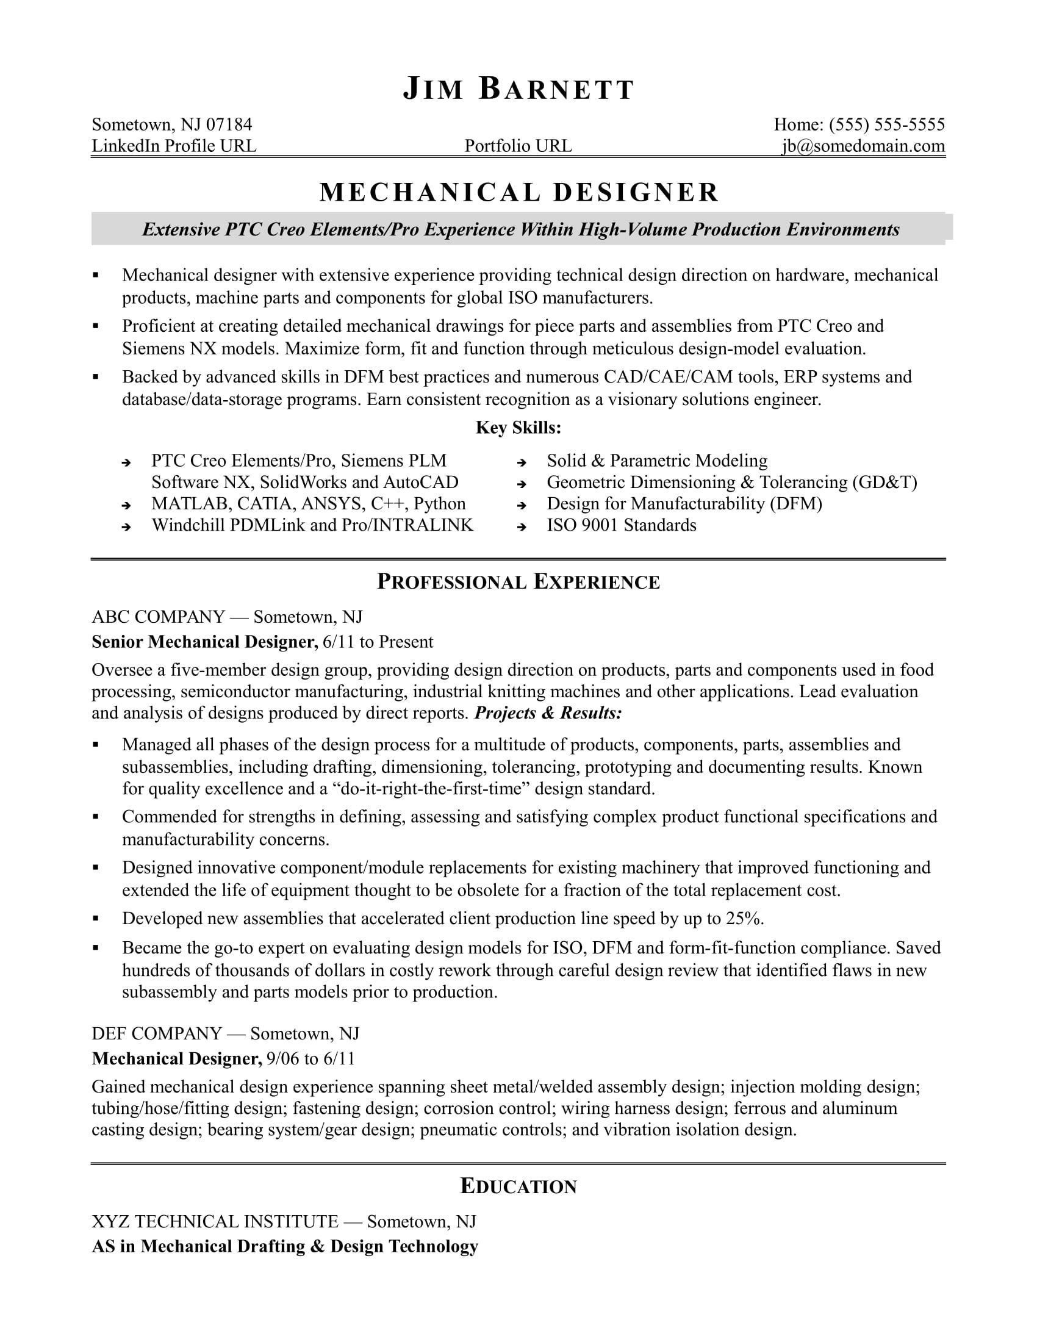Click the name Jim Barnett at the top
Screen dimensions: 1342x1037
click(x=518, y=90)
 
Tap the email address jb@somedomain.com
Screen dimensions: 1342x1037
click(x=863, y=146)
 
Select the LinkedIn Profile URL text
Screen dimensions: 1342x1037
click(x=174, y=146)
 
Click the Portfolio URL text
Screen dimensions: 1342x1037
click(x=518, y=146)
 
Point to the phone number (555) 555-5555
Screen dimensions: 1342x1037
click(x=886, y=124)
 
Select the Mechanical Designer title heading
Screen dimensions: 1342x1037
click(x=518, y=192)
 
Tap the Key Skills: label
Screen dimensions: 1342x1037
click(x=518, y=428)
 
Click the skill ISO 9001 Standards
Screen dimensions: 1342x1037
click(x=621, y=525)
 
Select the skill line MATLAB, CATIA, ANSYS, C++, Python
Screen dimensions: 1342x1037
click(x=309, y=504)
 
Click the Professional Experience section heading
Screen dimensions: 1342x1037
click(x=518, y=581)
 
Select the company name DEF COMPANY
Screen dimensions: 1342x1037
click(x=157, y=1033)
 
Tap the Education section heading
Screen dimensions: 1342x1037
click(x=518, y=1186)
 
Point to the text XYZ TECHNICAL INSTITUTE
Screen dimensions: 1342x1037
click(x=215, y=1221)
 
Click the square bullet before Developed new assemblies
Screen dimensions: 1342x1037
click(x=96, y=919)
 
